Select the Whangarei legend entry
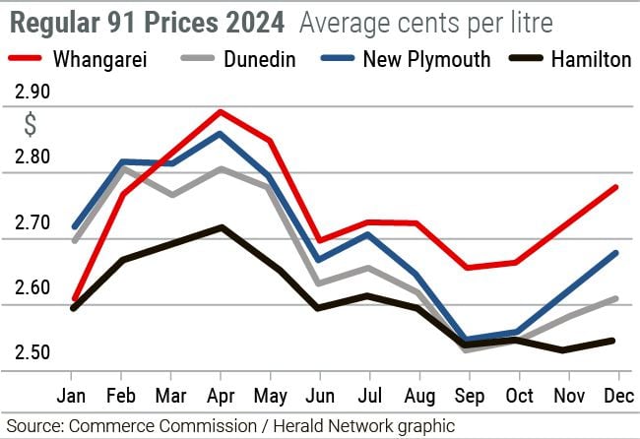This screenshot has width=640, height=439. point(82,60)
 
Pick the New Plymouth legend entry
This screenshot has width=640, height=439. point(407,60)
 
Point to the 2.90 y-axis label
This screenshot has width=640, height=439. point(32,93)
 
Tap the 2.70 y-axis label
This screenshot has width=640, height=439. point(32,223)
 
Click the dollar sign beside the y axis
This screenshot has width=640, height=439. point(31,125)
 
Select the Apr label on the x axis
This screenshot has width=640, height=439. point(221,396)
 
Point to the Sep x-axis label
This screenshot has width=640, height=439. point(469,396)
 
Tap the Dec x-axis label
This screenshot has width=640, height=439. point(617,396)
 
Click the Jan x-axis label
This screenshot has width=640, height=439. point(72,396)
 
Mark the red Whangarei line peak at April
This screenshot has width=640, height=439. point(221,111)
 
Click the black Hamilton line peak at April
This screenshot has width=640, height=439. point(222,227)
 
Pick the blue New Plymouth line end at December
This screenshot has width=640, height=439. point(616,253)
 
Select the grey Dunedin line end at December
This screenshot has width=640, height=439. point(616,297)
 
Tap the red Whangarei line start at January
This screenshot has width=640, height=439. point(72,298)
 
